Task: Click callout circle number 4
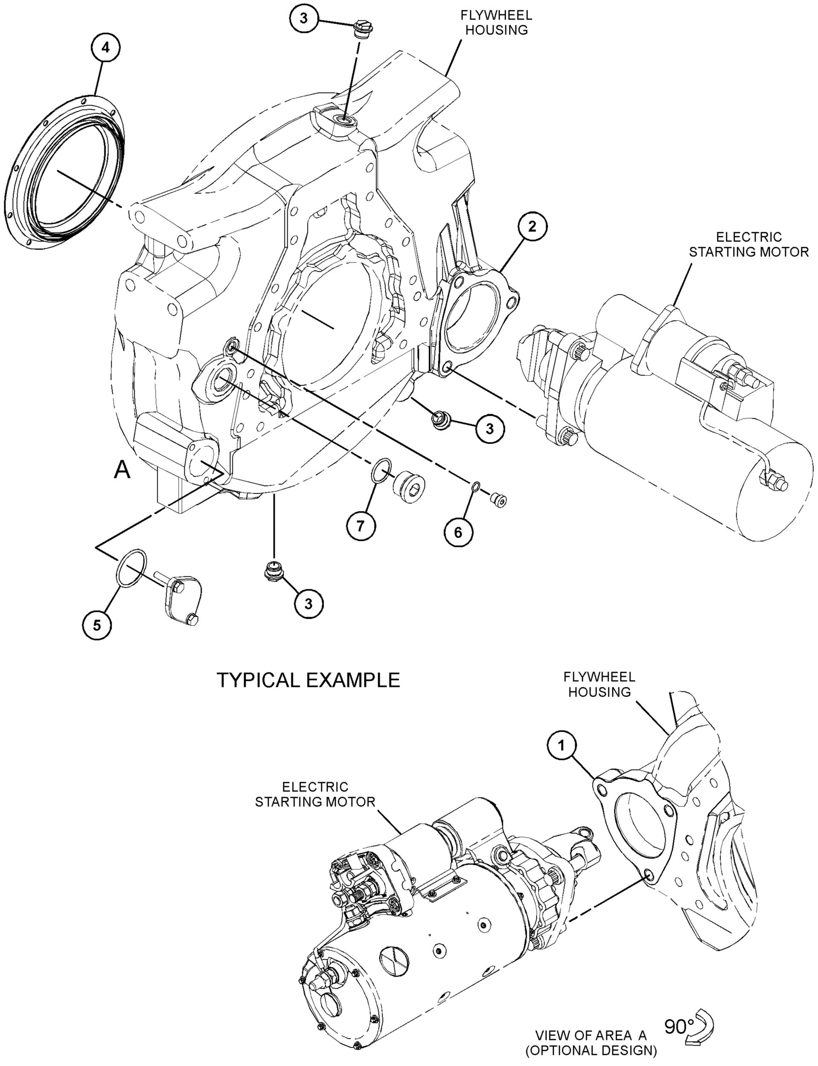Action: (105, 49)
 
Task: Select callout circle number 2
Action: (532, 227)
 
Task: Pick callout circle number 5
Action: (97, 625)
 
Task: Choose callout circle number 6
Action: (458, 532)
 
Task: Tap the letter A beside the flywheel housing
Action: (122, 470)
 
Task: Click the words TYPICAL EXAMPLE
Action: (308, 680)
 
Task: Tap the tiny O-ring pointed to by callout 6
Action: (476, 486)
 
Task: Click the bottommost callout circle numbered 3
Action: (308, 604)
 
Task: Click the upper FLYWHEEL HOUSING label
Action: (496, 22)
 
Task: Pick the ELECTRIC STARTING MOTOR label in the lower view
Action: (315, 794)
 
